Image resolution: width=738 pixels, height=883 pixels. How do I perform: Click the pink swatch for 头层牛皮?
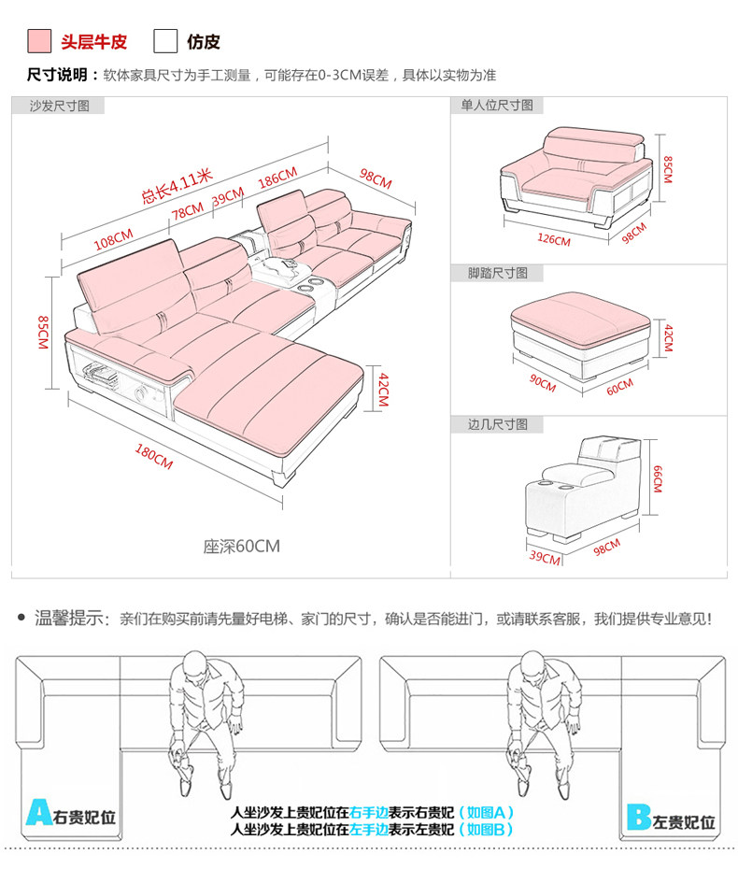[39, 41]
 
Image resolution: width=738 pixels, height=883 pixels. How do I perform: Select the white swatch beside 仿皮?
[165, 41]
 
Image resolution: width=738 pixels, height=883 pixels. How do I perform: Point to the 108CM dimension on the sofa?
[113, 239]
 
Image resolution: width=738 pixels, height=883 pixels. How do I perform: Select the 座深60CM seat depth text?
[242, 546]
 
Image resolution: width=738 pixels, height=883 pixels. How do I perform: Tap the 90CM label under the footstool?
[542, 383]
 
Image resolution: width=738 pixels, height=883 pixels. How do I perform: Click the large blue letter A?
[38, 814]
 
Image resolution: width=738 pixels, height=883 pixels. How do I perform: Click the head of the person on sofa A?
[194, 666]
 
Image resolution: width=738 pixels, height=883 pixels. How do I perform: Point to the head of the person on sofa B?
[522, 666]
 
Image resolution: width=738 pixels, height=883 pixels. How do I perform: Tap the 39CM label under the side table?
[544, 559]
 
